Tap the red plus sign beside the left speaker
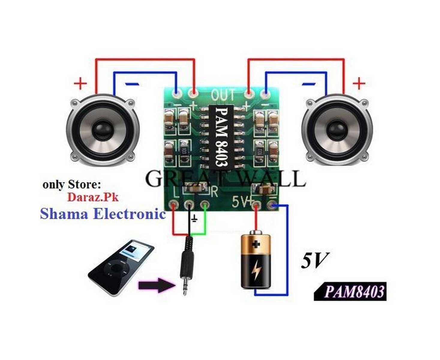point(80,83)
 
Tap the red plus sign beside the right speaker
point(359,83)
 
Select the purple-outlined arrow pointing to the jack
point(156,285)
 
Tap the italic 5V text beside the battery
point(314,260)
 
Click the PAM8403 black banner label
point(350,291)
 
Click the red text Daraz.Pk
point(93,197)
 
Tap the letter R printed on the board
point(214,192)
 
